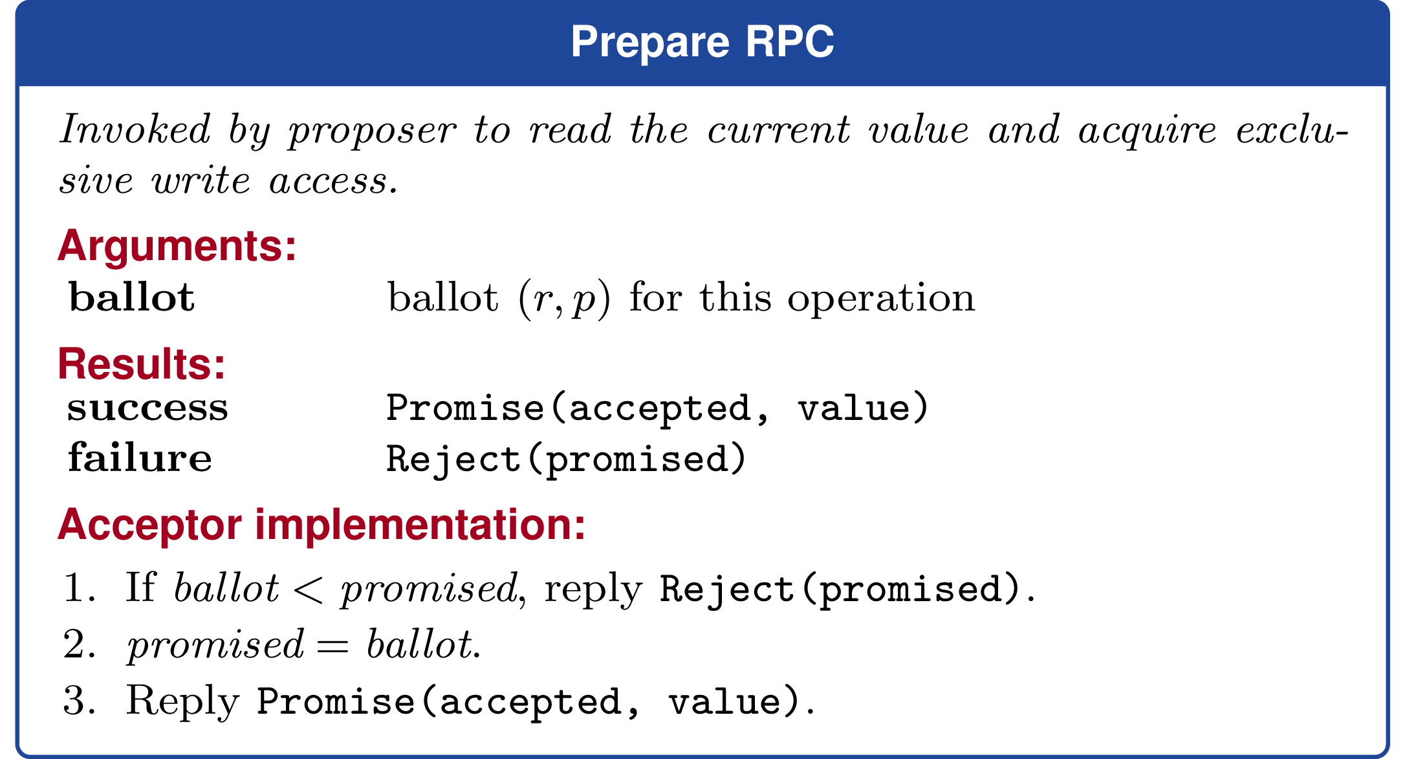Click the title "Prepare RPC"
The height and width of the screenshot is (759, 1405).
(702, 43)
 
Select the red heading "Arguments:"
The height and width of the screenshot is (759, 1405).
(177, 246)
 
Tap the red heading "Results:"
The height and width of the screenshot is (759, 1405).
(142, 364)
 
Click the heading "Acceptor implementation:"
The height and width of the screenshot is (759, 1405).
(321, 524)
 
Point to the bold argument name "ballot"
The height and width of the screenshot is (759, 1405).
(132, 297)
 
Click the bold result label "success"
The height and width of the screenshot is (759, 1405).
(147, 408)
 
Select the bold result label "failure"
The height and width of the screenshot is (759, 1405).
(140, 457)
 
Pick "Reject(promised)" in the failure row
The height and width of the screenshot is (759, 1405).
(567, 459)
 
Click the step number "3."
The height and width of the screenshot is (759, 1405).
(80, 701)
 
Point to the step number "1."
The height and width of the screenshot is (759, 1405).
(80, 588)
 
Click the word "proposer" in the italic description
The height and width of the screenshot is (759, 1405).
(373, 131)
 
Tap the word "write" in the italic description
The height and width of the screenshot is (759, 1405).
(201, 181)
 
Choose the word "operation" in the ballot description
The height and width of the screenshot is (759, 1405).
(881, 299)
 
